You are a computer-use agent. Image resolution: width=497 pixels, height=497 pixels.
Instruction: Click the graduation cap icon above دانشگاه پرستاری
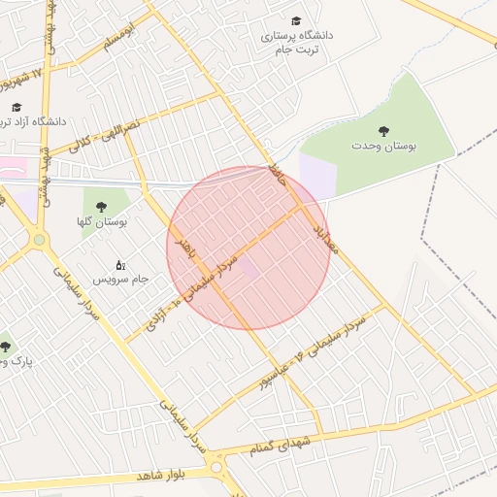coord(296,20)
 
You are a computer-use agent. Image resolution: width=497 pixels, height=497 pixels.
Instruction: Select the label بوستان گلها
coord(103,222)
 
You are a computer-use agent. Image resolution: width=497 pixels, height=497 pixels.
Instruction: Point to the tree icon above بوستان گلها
coord(102,206)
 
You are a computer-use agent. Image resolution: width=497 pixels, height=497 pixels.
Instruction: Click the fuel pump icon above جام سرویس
coord(120,264)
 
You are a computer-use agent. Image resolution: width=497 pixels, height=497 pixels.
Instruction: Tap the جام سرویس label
coord(120,279)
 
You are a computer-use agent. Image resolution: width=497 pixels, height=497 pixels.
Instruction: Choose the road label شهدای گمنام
coord(282,444)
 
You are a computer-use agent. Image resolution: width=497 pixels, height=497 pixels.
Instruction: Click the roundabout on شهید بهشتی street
coord(39,239)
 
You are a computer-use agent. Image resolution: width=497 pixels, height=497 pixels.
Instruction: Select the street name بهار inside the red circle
coord(183,250)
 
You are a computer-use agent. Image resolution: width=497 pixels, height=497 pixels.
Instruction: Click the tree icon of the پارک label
coord(6,347)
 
